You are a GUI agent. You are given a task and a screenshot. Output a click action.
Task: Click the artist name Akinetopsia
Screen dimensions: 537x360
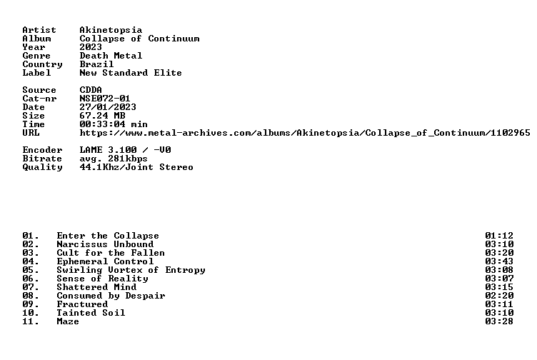pos(111,30)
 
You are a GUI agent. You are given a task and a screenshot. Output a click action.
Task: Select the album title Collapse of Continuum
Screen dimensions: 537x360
pos(139,39)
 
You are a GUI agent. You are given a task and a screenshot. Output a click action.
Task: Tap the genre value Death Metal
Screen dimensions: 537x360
pos(111,56)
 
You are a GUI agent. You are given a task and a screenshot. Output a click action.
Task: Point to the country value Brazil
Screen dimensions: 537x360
pos(96,64)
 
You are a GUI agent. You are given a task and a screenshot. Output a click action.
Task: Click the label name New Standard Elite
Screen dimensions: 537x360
pos(131,73)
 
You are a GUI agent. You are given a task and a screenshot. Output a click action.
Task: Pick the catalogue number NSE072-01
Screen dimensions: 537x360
pos(105,99)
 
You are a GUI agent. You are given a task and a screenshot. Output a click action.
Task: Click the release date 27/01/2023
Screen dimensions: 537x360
pos(108,107)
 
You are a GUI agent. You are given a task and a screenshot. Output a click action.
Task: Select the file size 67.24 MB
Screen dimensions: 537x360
pos(102,116)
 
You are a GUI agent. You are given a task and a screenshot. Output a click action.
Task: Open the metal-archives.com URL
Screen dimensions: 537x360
pos(305,133)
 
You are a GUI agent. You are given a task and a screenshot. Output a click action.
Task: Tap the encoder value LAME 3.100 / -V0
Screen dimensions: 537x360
pos(125,150)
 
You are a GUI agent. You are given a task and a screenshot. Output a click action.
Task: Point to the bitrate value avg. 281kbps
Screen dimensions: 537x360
pos(114,159)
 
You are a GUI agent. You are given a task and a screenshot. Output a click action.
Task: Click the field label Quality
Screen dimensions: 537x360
pos(42,167)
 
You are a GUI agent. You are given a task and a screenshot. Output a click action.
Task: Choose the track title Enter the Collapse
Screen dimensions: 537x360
pos(108,236)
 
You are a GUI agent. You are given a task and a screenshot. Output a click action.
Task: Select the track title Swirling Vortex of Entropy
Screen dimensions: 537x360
pos(131,270)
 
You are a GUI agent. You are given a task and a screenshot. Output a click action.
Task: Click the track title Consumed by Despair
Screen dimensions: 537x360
pos(111,296)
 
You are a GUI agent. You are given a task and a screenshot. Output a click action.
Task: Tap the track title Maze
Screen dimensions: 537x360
pos(68,321)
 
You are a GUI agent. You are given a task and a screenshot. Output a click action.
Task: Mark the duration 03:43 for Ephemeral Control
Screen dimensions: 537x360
pos(499,261)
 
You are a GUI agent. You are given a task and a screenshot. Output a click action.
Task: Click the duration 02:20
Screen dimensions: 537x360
pos(499,296)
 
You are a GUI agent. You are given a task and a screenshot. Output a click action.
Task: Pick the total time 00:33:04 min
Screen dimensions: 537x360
pos(114,124)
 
